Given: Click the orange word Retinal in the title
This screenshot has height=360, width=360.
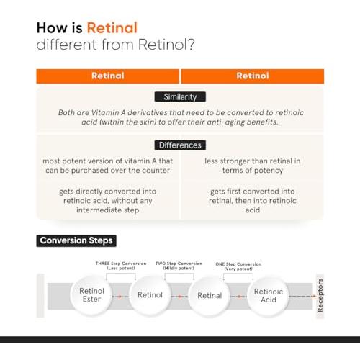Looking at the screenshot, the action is (x=112, y=27).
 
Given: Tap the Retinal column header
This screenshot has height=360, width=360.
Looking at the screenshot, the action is (x=108, y=76).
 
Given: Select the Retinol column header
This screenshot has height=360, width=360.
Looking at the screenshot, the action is (x=253, y=76).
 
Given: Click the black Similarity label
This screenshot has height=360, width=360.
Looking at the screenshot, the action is (x=180, y=97).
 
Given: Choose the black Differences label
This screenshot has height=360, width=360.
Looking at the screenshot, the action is (x=180, y=145).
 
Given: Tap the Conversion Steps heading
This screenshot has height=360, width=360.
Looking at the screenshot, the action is (x=76, y=240).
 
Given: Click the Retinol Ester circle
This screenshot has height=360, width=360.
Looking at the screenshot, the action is (x=91, y=295).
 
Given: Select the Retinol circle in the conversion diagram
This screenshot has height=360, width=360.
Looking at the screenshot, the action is (x=150, y=295).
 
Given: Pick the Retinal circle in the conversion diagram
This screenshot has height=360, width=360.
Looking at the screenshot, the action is (x=210, y=296).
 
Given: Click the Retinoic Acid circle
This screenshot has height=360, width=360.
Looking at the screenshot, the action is (x=269, y=296).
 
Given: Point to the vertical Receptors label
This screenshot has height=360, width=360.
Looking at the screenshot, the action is (x=320, y=295).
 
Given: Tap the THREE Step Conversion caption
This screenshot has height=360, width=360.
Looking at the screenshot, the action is (x=121, y=266).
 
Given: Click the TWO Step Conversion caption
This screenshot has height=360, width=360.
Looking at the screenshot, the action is (x=179, y=266).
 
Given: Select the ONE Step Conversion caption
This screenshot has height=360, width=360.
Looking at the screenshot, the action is (x=238, y=266).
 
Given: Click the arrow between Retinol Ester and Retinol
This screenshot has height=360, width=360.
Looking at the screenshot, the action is (x=120, y=297).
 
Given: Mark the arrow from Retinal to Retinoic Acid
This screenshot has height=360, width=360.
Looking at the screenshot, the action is (x=239, y=297).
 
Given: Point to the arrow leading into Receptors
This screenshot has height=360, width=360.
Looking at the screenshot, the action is (x=302, y=297).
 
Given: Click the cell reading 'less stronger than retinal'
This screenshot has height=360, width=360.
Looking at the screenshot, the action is (x=253, y=166).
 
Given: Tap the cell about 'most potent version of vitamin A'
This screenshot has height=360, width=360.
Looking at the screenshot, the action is (x=108, y=166).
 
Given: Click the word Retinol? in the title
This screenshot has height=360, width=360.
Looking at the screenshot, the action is (x=166, y=45).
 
